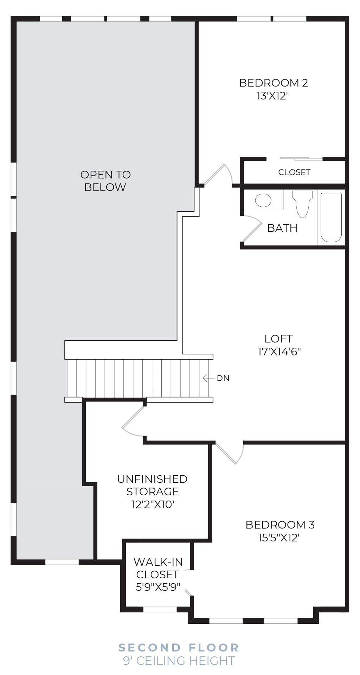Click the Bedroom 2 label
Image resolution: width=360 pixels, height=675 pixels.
pos(273,83)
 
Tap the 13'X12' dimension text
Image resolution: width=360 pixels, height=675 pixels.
pos(272,96)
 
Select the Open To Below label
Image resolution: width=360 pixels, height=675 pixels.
pos(105,181)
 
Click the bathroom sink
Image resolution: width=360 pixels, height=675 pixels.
pos(263,200)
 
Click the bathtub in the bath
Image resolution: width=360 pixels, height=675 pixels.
pos(331,217)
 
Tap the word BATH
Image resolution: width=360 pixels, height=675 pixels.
pos(282,228)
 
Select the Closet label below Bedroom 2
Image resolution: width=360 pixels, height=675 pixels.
pos(294,172)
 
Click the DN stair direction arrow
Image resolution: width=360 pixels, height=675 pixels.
pos(208,378)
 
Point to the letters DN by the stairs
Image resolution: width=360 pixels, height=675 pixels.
pos(223,378)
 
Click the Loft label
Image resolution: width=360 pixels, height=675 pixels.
pos(278,339)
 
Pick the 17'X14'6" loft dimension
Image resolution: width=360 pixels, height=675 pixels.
pos(279,352)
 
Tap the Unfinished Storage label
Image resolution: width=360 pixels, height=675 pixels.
pos(152,485)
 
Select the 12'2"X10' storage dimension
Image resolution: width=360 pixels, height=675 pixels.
pos(153,504)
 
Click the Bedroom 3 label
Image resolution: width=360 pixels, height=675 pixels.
pos(280,525)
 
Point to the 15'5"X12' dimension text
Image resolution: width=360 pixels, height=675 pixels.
pos(278,538)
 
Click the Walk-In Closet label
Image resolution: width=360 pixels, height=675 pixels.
pos(158,568)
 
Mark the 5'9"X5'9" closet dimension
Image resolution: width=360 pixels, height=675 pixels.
pos(158,587)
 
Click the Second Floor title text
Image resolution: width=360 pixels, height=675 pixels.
pos(179,647)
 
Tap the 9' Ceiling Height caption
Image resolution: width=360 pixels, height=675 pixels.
pos(179,661)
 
